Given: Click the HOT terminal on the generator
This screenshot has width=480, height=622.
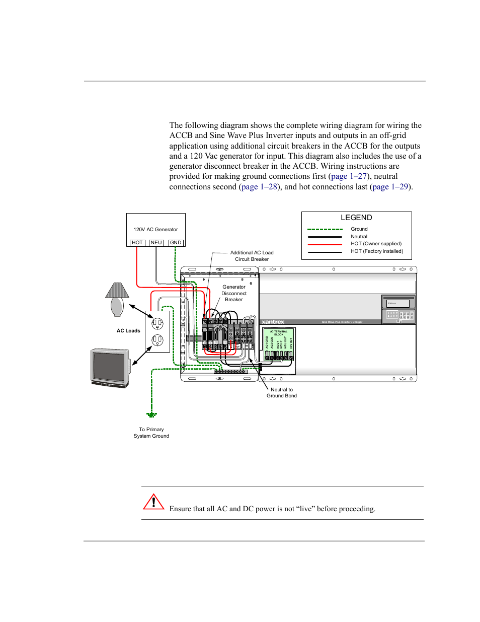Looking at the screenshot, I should [x=137, y=243].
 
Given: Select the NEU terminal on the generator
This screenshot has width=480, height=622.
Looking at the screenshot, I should [x=156, y=243].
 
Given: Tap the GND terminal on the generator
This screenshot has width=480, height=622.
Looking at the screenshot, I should [x=176, y=243].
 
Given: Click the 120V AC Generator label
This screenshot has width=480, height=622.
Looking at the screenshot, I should [x=155, y=230].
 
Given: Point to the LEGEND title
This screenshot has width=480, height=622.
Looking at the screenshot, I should [x=356, y=218].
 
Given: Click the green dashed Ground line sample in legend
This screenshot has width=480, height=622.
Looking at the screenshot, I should [x=325, y=229].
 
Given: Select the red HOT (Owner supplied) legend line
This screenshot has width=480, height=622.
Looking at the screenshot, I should [x=325, y=244].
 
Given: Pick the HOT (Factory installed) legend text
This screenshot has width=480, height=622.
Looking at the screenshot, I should [x=377, y=251].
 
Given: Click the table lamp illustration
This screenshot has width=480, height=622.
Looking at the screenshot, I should [x=117, y=299].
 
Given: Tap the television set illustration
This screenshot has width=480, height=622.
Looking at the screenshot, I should [x=110, y=368].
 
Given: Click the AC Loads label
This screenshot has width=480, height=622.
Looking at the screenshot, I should [x=128, y=331].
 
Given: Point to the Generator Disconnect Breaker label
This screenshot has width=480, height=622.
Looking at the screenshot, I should [x=234, y=293].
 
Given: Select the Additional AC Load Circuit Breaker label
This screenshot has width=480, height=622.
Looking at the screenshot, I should [x=252, y=256].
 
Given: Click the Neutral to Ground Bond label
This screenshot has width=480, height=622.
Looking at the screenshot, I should [x=282, y=393].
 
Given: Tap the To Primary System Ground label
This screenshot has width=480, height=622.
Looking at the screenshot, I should [x=151, y=433].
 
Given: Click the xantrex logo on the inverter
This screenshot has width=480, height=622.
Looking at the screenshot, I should [x=273, y=322].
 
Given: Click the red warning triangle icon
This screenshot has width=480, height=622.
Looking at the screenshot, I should [x=153, y=502].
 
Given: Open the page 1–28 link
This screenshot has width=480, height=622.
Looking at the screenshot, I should [x=259, y=187].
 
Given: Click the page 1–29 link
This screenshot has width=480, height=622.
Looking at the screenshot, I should [x=390, y=187].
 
